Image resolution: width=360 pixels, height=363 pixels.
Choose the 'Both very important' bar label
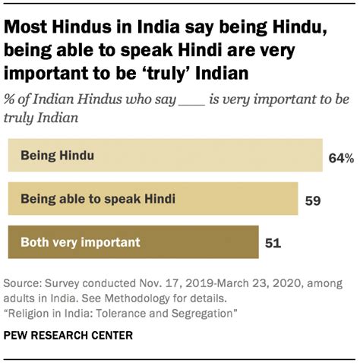tap(81, 243)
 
